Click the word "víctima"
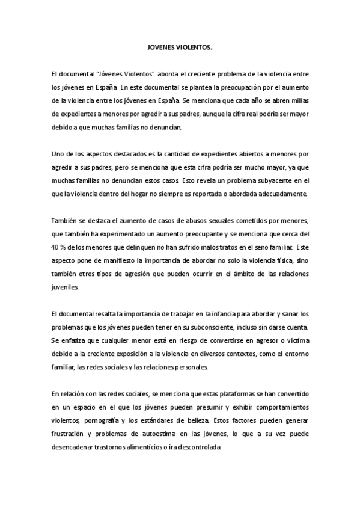pos(297,341)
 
